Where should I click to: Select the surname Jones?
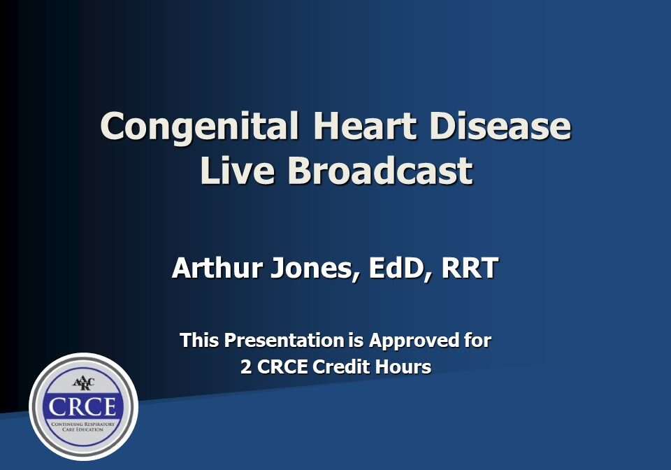click(x=311, y=269)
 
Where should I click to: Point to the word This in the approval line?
click(x=200, y=341)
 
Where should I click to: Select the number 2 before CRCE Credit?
click(x=246, y=366)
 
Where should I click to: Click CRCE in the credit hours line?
click(x=284, y=366)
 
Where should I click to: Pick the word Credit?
click(x=343, y=366)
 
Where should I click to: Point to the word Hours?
click(x=405, y=366)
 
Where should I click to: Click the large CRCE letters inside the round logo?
click(x=83, y=408)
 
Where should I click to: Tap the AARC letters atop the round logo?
click(x=83, y=383)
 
